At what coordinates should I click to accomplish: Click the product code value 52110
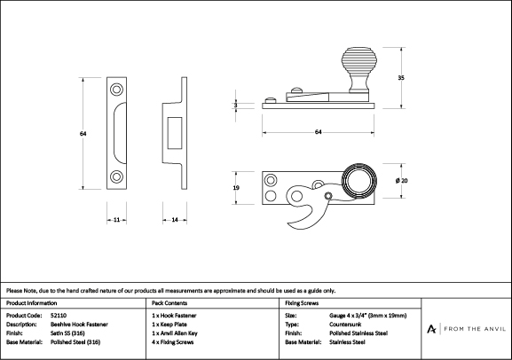(59, 316)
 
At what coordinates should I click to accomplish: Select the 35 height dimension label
(401, 78)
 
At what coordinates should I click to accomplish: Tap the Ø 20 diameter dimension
(401, 181)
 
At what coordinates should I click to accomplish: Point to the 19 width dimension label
(236, 188)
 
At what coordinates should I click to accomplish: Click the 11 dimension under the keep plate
(116, 220)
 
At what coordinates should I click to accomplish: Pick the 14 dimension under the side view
(175, 220)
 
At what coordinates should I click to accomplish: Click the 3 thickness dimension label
(236, 106)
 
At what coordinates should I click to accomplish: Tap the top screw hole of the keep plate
(116, 90)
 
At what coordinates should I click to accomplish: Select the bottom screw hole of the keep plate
(116, 176)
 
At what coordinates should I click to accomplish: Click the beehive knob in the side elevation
(358, 70)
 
